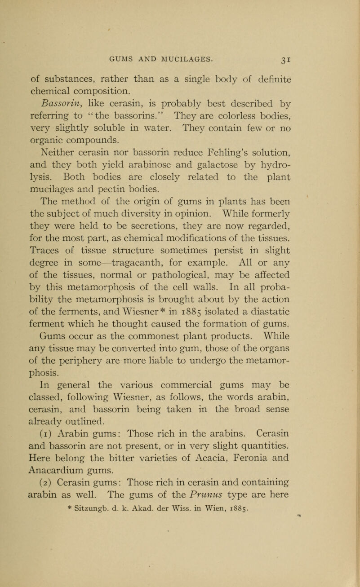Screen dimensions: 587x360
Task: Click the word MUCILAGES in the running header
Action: (186, 45)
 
